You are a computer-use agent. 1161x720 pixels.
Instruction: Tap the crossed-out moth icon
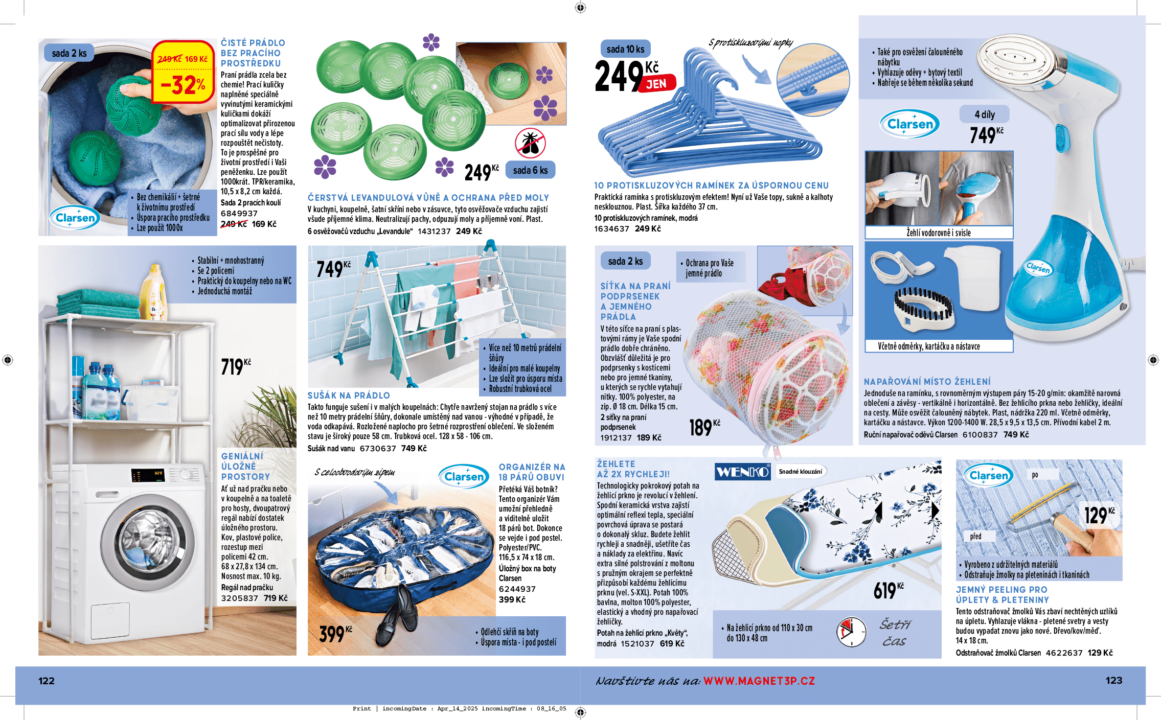pos(530,143)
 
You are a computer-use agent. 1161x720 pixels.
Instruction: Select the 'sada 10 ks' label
pos(625,49)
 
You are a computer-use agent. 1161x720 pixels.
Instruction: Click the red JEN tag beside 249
pos(657,84)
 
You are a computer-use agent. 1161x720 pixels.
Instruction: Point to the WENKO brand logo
pos(742,472)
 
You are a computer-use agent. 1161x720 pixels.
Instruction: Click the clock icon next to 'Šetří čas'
pos(851,632)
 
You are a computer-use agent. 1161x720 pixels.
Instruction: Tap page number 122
pos(47,681)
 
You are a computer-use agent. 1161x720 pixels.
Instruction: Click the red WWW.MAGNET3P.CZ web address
pos(759,681)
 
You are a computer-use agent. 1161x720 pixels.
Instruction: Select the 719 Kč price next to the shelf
pos(236,366)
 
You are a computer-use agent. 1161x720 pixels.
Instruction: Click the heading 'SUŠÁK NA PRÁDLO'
pos(349,396)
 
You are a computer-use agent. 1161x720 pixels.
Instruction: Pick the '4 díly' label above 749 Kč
pos(984,114)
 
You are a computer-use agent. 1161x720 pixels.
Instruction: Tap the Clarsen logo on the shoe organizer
pos(464,477)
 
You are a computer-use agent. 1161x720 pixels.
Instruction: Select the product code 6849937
pos(239,214)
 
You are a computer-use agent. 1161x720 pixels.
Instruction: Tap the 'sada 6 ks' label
pos(530,170)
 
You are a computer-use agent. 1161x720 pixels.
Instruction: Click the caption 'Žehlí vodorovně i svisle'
pos(939,233)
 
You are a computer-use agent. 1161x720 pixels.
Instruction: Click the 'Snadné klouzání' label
pos(801,472)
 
